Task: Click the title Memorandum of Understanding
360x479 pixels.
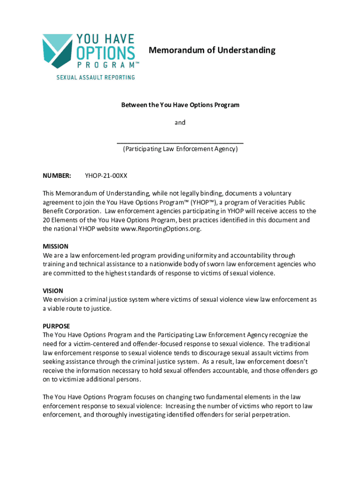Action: [212, 50]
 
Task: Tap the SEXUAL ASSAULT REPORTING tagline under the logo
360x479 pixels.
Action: [95, 77]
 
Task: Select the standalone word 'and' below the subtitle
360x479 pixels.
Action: [180, 123]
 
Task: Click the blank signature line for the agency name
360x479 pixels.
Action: [180, 142]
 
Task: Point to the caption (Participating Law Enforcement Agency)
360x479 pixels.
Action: [180, 149]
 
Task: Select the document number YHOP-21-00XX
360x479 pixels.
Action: [106, 176]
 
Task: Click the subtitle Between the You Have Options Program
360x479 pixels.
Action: [180, 105]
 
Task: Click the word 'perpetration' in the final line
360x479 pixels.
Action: [272, 415]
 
